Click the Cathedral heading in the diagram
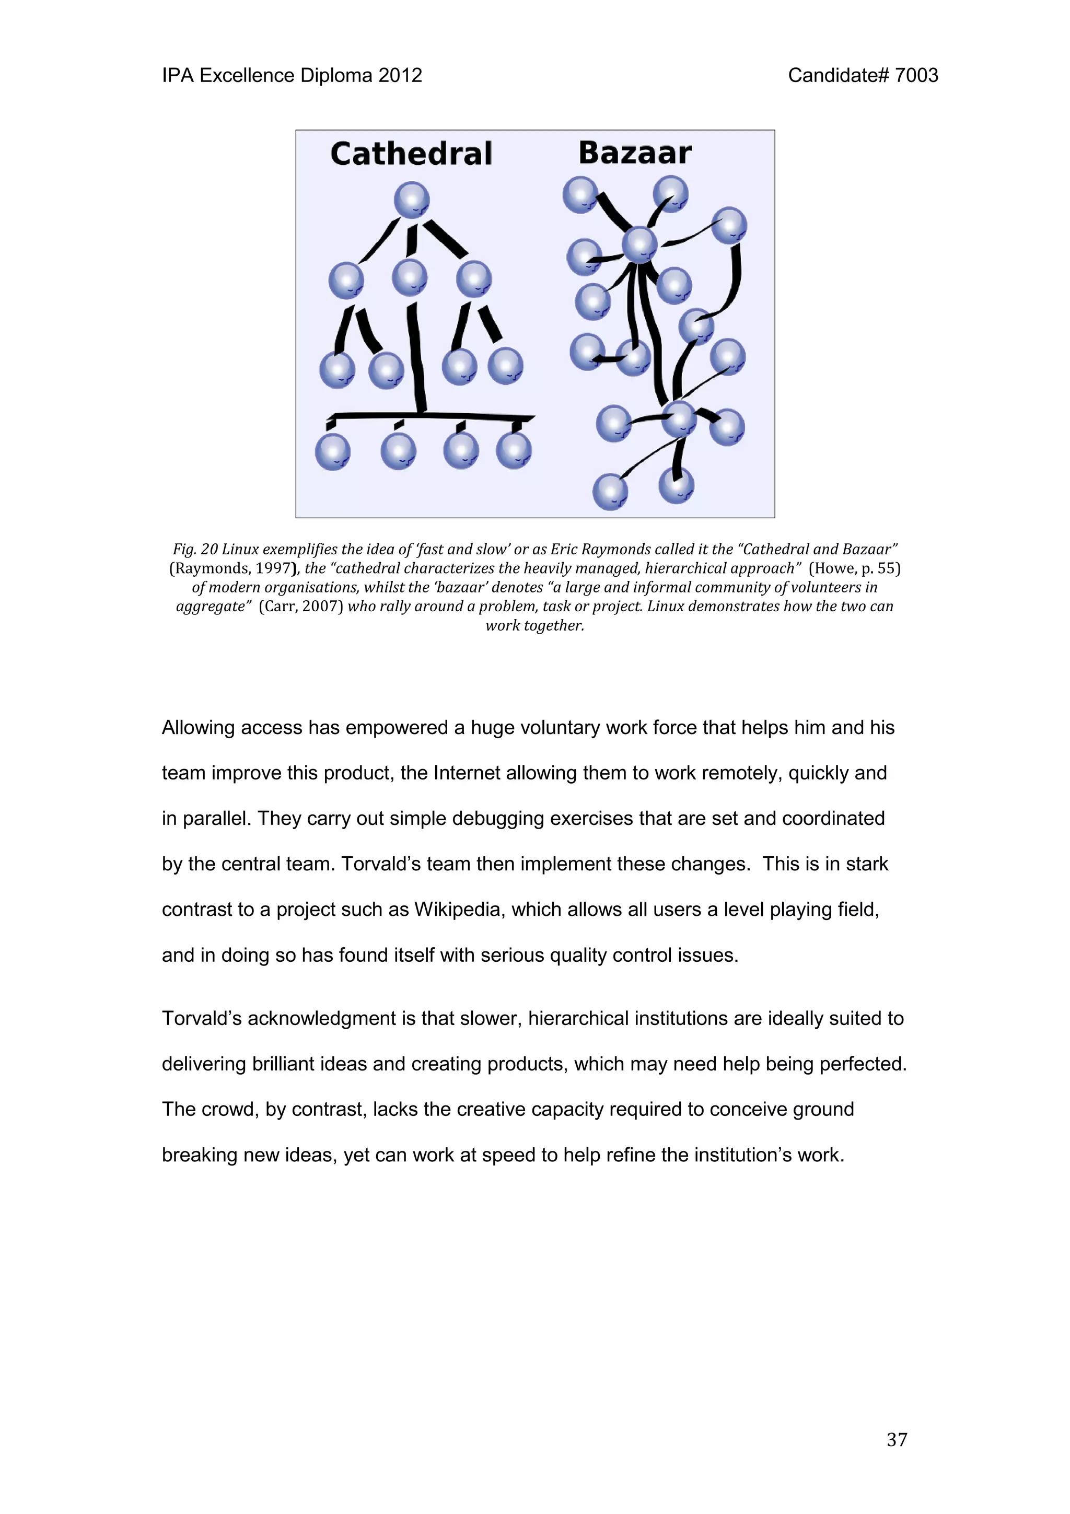pos(411,154)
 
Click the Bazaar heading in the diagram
pos(635,153)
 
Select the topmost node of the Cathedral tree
pos(411,200)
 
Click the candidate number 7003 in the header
pos(916,76)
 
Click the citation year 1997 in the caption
pos(273,568)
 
